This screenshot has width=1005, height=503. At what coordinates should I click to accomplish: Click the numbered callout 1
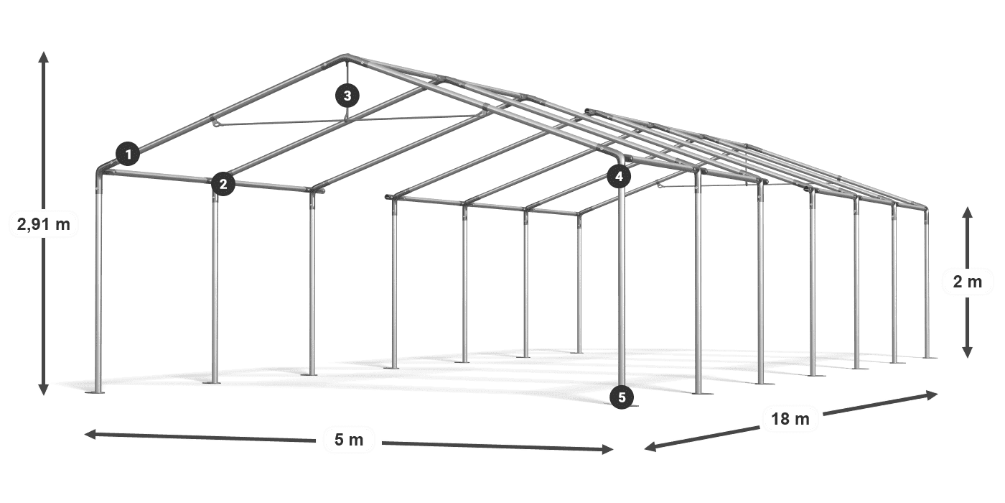pyautogui.click(x=128, y=154)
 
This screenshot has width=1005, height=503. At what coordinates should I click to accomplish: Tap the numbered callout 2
pyautogui.click(x=223, y=184)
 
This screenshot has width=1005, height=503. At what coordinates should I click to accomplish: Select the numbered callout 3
pyautogui.click(x=347, y=96)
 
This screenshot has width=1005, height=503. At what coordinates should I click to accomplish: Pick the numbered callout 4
pyautogui.click(x=619, y=177)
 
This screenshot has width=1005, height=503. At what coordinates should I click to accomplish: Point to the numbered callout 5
pyautogui.click(x=622, y=397)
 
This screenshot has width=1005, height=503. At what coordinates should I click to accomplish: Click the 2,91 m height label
pyautogui.click(x=44, y=224)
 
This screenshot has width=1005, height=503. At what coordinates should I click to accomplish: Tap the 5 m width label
pyautogui.click(x=349, y=440)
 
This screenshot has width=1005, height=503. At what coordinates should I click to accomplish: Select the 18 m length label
pyautogui.click(x=790, y=419)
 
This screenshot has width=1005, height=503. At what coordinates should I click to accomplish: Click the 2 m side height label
pyautogui.click(x=968, y=282)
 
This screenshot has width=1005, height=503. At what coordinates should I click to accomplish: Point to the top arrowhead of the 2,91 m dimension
pyautogui.click(x=44, y=57)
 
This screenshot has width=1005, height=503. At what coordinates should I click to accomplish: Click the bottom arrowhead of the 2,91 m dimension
pyautogui.click(x=44, y=389)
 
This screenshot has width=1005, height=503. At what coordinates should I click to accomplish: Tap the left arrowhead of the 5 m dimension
pyautogui.click(x=90, y=434)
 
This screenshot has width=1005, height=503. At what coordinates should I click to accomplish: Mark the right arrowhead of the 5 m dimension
pyautogui.click(x=607, y=449)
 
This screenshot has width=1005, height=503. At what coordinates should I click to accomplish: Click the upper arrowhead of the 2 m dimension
pyautogui.click(x=968, y=213)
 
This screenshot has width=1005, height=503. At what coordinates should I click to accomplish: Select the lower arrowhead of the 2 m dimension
pyautogui.click(x=968, y=352)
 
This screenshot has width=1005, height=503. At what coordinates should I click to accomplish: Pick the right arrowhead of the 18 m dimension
pyautogui.click(x=932, y=395)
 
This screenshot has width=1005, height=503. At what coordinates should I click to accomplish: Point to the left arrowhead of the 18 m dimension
pyautogui.click(x=650, y=446)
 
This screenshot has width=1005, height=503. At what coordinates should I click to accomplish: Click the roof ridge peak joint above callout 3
pyautogui.click(x=346, y=58)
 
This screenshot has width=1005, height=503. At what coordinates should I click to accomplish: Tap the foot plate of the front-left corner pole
pyautogui.click(x=95, y=392)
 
